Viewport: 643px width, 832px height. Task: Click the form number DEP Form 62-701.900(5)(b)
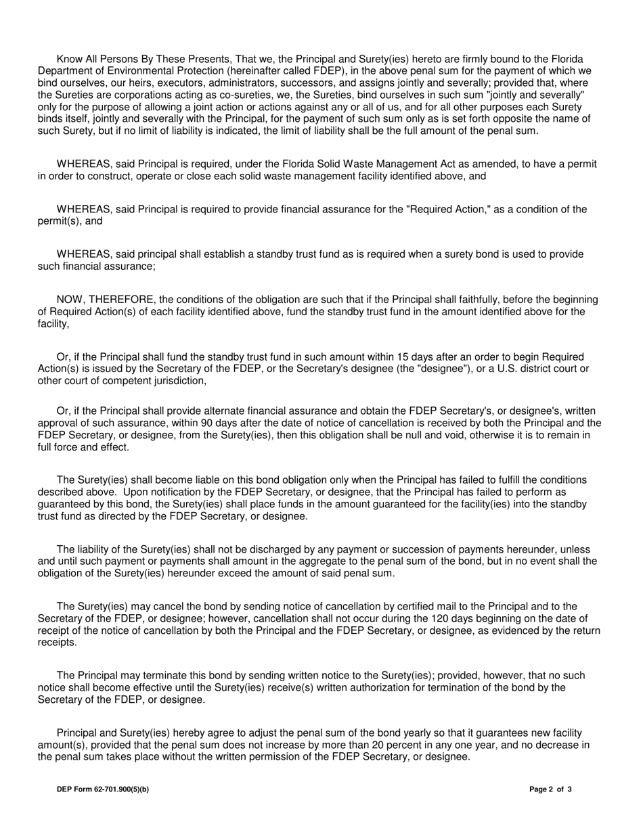pyautogui.click(x=103, y=789)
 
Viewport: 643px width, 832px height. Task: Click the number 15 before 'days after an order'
pyautogui.click(x=403, y=357)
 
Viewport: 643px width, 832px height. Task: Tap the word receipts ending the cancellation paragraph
pyautogui.click(x=57, y=643)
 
